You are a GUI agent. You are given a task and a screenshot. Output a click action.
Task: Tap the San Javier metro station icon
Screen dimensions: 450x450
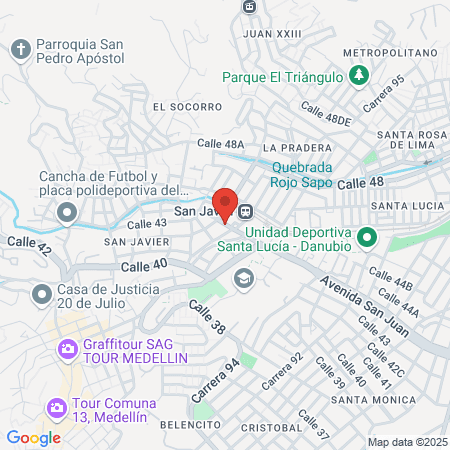coord(246,211)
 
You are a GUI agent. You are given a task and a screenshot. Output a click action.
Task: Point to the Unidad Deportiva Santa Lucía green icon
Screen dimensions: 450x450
coord(367,238)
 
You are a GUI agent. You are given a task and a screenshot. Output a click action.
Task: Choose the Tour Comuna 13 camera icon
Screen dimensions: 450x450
coord(56,407)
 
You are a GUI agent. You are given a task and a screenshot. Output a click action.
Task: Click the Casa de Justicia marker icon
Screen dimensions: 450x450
coord(41,294)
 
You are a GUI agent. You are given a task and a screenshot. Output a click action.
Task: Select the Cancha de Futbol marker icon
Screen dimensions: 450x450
coord(68,212)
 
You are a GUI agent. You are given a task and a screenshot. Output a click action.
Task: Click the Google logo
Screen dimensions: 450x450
coord(33,437)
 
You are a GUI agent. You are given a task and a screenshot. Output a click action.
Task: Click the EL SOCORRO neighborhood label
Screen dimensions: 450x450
coord(188,106)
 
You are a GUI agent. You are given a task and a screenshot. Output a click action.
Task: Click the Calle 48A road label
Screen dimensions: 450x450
coord(221,144)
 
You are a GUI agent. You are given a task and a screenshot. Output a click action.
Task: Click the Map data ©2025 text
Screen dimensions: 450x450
coord(405,442)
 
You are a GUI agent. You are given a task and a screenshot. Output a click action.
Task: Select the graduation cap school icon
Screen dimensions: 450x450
coord(241,277)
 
